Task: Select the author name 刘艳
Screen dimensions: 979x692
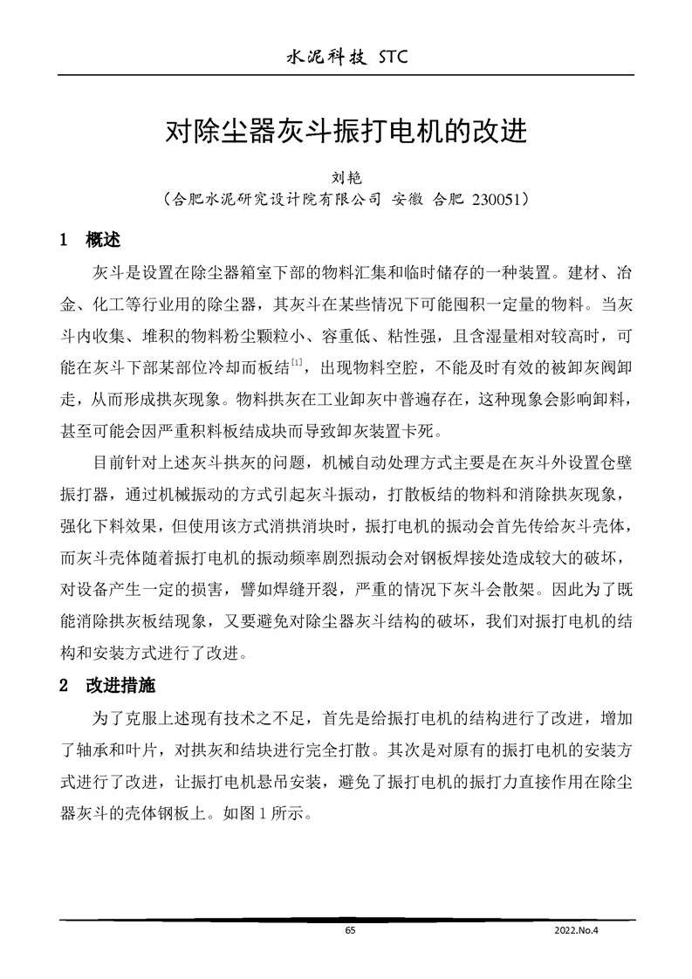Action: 346,178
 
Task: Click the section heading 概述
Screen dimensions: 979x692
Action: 103,239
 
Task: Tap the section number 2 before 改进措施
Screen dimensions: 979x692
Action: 64,686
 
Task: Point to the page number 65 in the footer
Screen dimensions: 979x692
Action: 350,931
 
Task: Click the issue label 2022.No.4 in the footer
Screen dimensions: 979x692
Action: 579,931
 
